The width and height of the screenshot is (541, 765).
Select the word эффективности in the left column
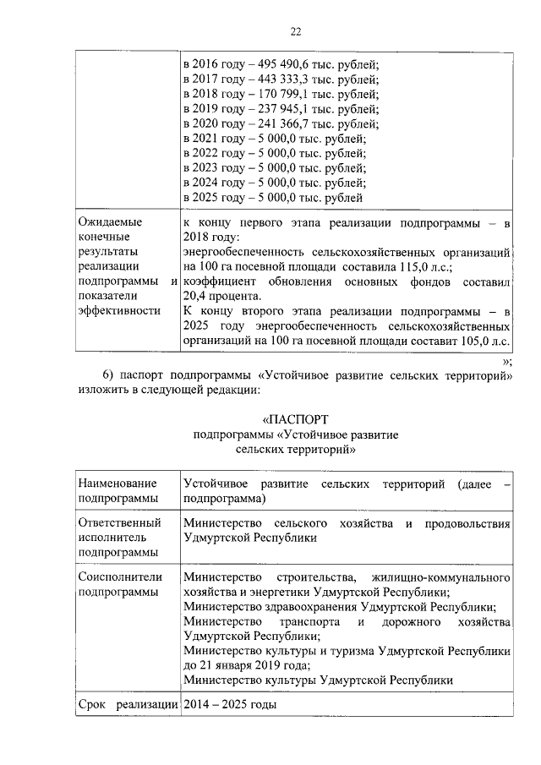point(119,311)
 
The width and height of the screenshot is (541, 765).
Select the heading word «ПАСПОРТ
point(295,418)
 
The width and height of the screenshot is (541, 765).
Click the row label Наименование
point(117,483)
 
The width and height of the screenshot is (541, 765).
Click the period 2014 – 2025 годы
point(229,705)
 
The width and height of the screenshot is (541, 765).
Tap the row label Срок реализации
point(127,705)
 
